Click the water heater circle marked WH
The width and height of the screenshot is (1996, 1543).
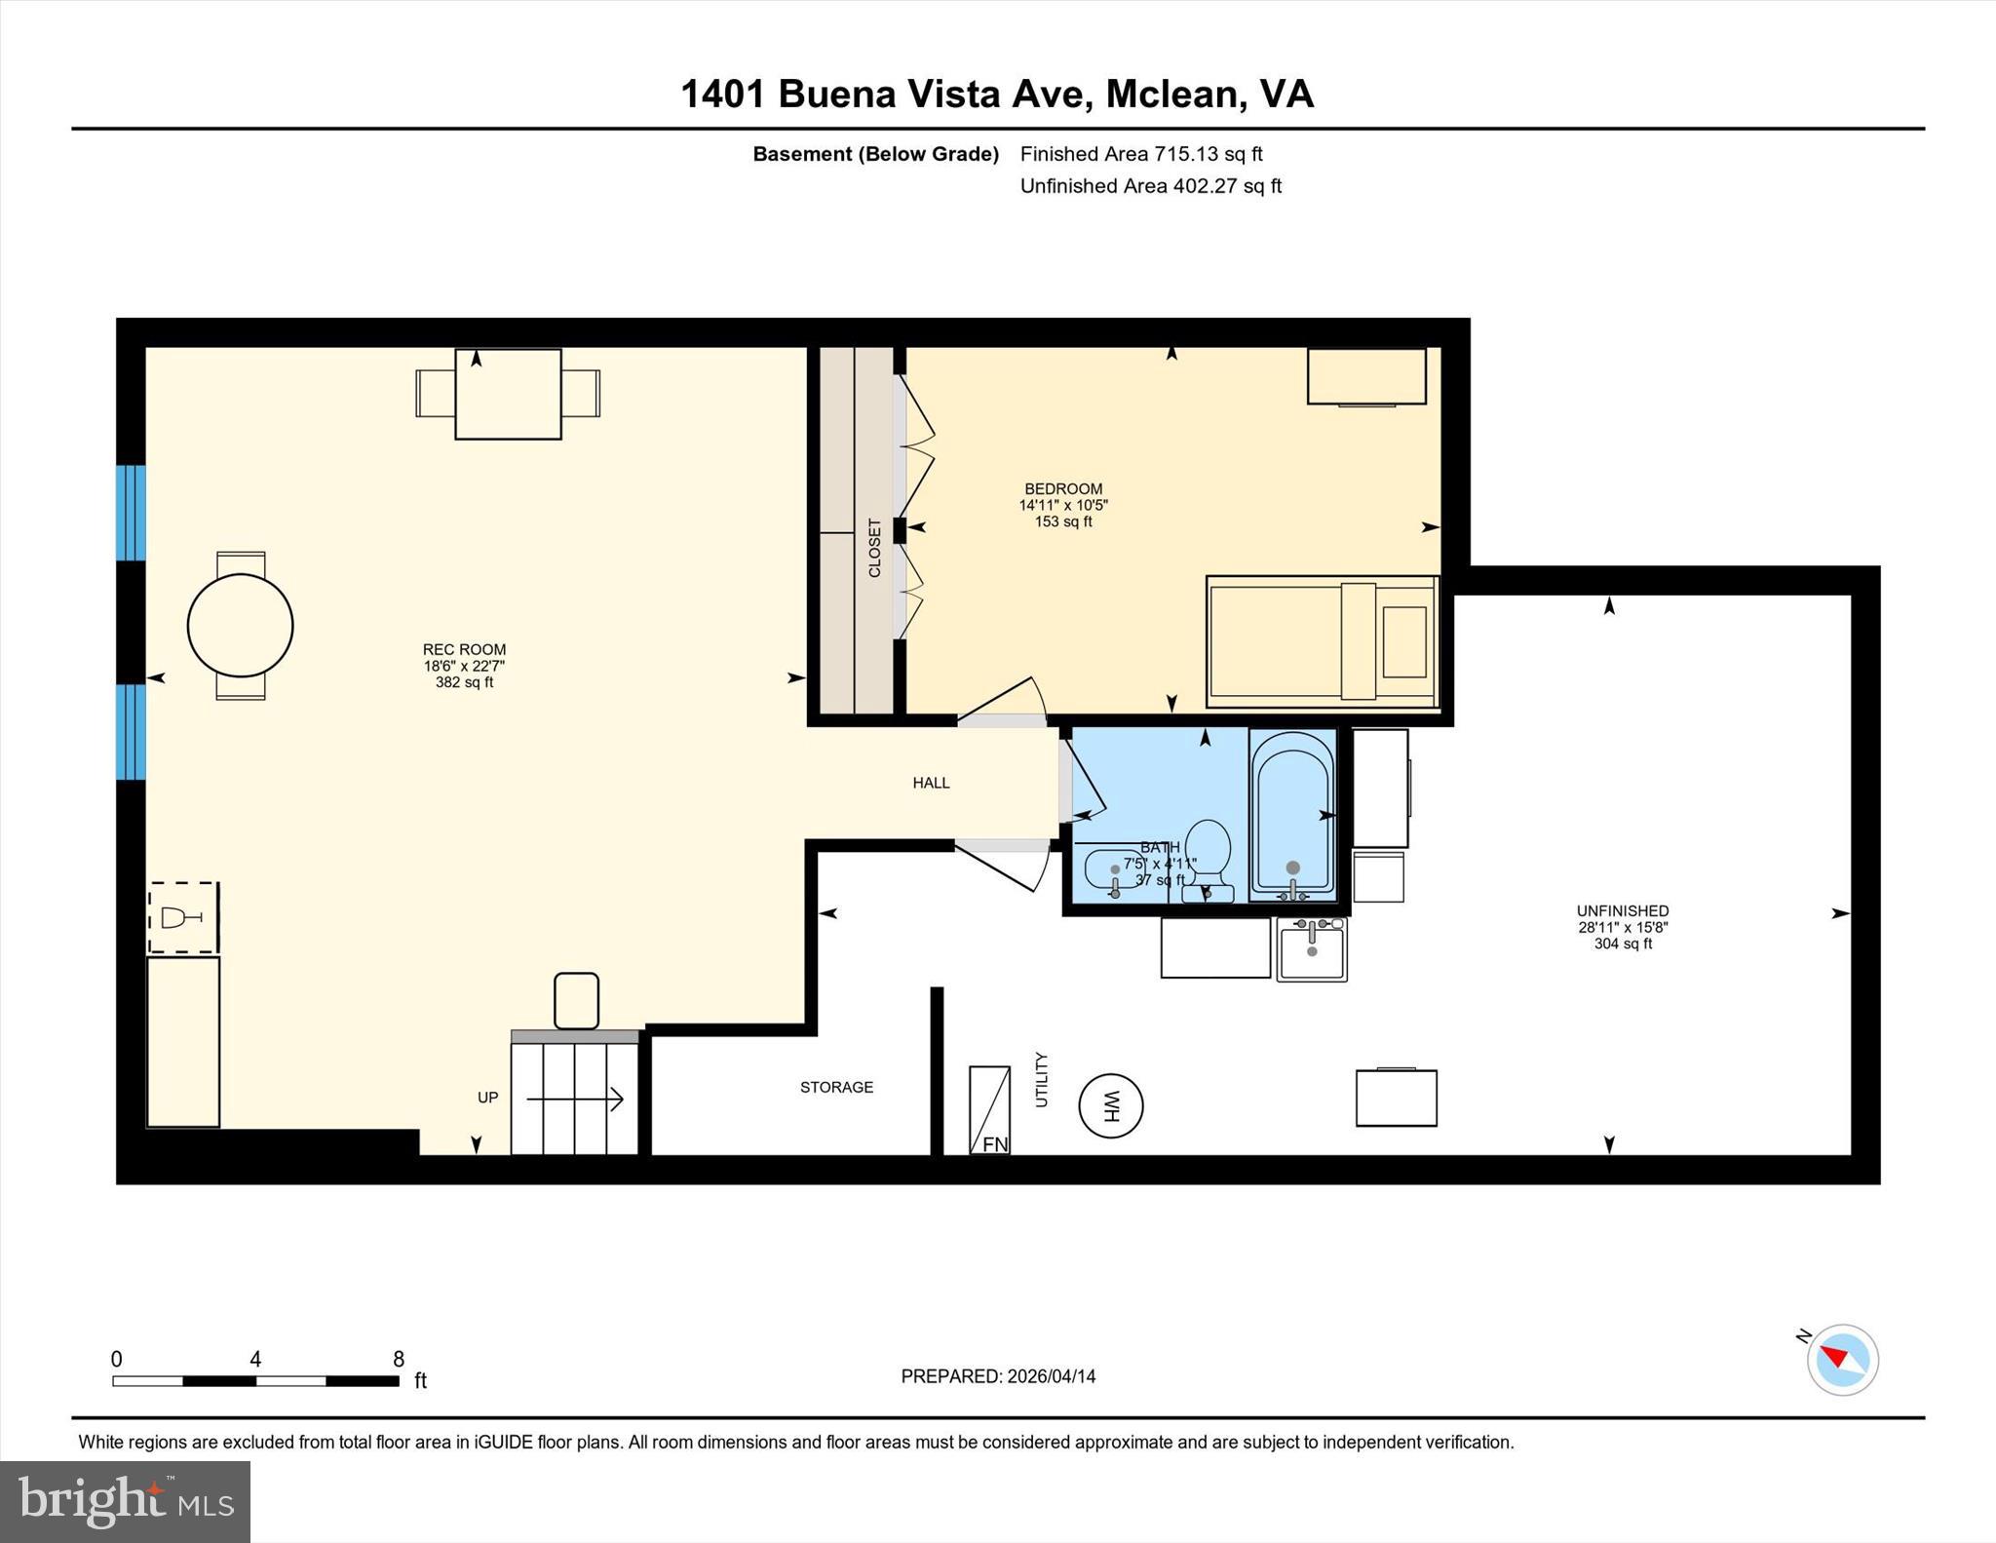tap(1110, 1105)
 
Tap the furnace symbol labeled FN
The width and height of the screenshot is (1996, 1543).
tap(989, 1111)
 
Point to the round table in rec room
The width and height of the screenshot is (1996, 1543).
tap(240, 626)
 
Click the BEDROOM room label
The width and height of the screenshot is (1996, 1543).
tap(1063, 489)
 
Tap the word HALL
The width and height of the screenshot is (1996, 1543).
tap(931, 783)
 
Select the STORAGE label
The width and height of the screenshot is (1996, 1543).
tap(836, 1087)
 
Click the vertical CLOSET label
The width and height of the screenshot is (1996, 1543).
tap(874, 548)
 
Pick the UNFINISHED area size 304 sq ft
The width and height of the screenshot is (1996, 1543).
tap(1623, 944)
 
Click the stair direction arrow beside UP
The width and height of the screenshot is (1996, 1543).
tap(575, 1099)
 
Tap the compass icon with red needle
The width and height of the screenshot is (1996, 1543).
tap(1842, 1359)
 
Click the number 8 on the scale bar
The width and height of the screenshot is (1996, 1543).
tap(398, 1359)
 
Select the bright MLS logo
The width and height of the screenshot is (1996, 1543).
tap(125, 1501)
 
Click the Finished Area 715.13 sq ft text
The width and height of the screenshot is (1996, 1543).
tap(1140, 154)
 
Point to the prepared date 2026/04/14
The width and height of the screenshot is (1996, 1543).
tap(1051, 1376)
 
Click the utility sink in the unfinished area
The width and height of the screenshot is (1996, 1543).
tap(1312, 949)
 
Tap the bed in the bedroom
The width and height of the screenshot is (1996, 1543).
tap(1322, 641)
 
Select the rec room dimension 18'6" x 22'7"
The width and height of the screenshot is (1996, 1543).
tap(464, 667)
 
